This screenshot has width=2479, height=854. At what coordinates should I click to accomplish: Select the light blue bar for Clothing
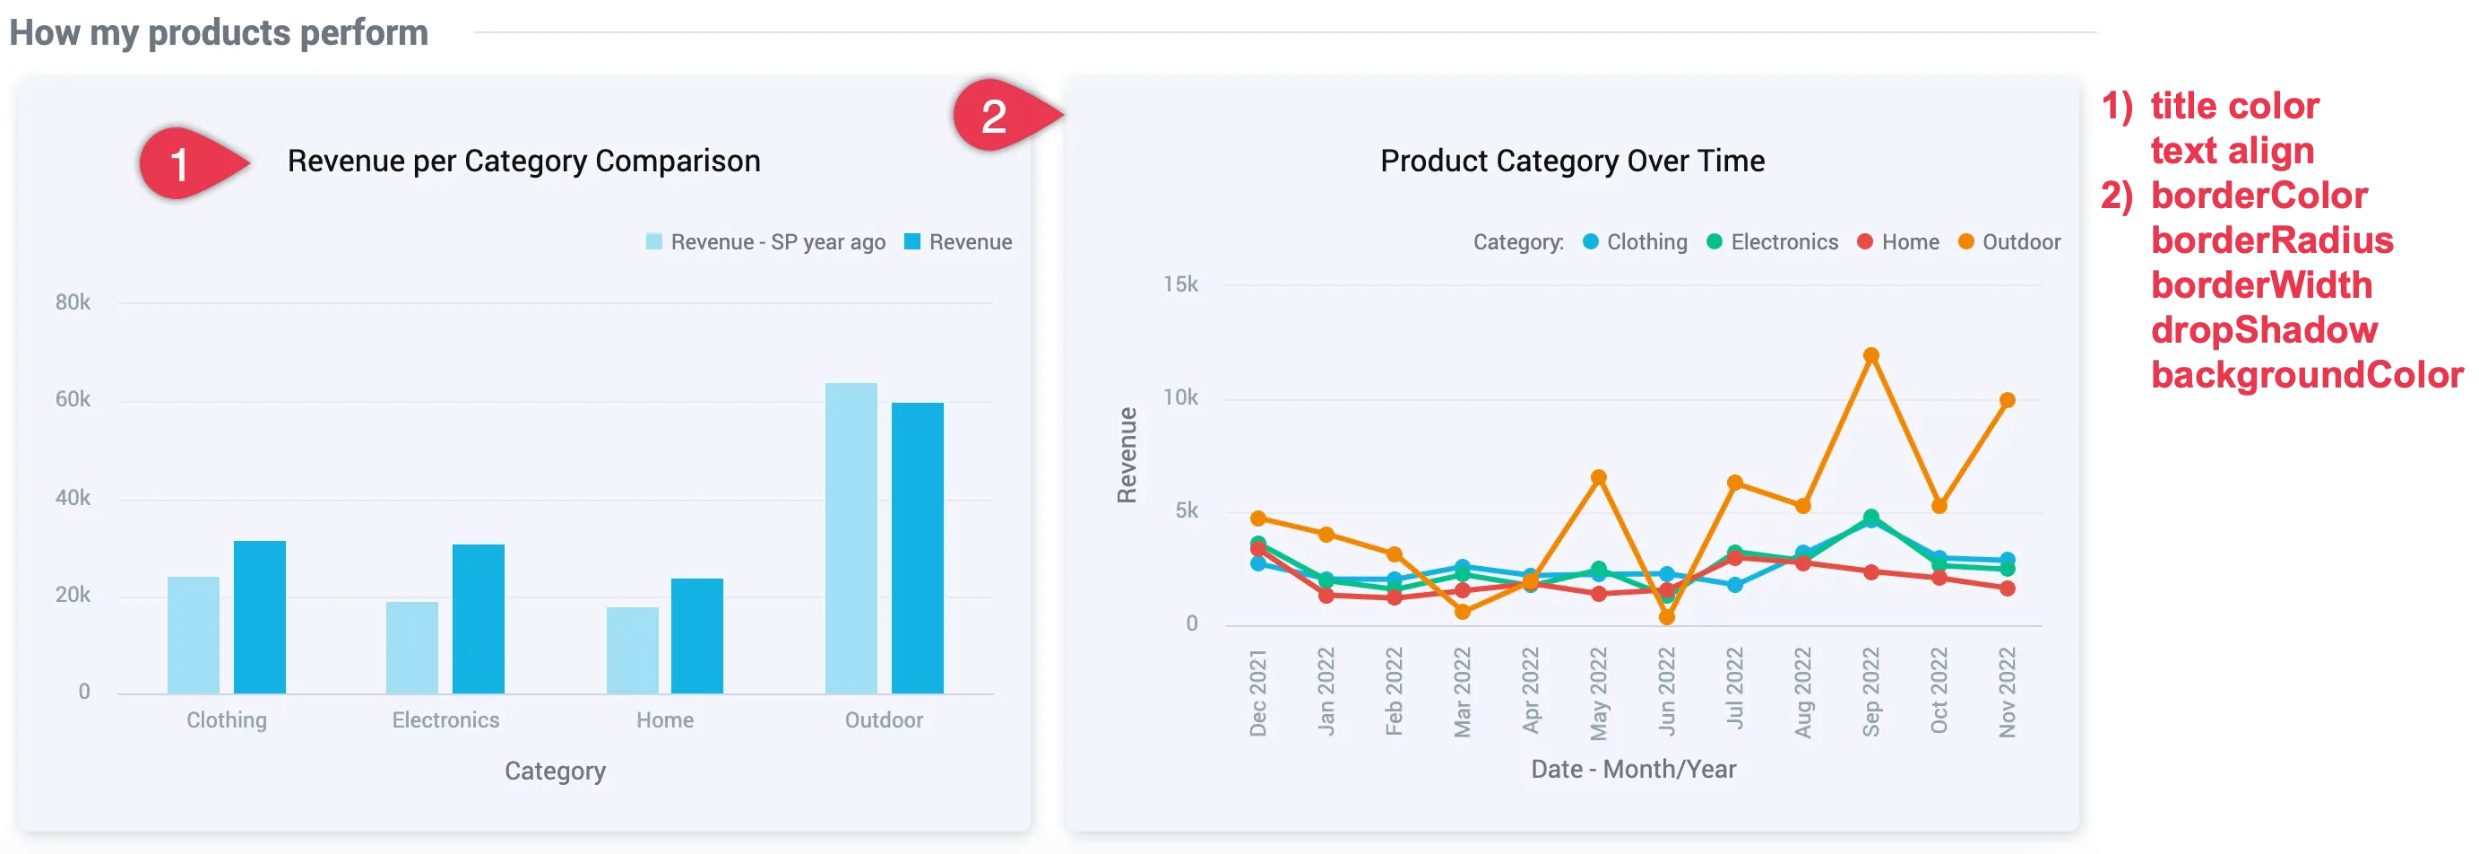click(x=194, y=634)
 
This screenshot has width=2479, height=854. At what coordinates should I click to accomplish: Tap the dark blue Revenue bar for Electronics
click(x=479, y=618)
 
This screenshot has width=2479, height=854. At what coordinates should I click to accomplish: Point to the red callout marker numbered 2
click(x=995, y=117)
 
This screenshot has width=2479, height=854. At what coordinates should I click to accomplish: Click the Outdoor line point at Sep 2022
click(x=1870, y=356)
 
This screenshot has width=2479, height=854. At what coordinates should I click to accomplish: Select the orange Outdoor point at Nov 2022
click(x=2007, y=400)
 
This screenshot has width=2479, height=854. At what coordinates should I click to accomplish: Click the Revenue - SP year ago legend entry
click(x=765, y=241)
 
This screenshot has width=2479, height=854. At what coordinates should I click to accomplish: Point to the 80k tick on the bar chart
click(x=73, y=302)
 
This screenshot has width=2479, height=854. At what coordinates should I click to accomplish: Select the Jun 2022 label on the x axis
click(x=1667, y=692)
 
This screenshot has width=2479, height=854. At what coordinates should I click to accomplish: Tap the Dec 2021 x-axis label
click(x=1257, y=693)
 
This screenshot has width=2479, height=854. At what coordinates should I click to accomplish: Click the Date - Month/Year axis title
click(x=1633, y=770)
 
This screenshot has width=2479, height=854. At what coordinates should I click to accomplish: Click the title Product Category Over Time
click(x=1571, y=161)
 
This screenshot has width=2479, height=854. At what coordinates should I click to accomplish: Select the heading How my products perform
click(x=219, y=32)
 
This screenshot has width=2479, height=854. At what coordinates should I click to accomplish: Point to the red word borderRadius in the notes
click(x=2271, y=240)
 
